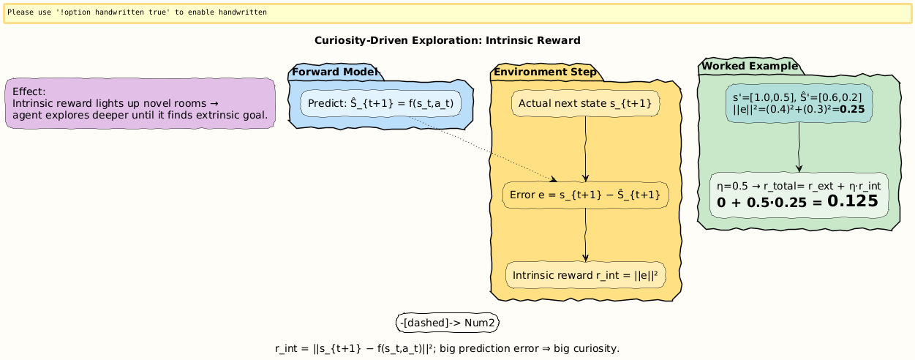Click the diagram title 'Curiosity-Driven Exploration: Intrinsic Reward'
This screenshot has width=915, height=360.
click(x=447, y=40)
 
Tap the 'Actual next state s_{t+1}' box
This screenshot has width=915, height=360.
click(x=585, y=104)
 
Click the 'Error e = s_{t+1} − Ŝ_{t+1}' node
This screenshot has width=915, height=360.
click(x=585, y=195)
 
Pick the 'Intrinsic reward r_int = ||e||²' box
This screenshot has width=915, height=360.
click(x=585, y=275)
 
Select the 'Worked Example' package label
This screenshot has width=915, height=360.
click(x=750, y=67)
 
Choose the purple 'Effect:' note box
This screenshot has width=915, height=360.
click(x=140, y=103)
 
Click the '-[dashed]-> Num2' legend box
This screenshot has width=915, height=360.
click(x=448, y=323)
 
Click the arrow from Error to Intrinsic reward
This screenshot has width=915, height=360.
click(x=586, y=235)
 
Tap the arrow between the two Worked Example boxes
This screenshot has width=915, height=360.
click(x=799, y=147)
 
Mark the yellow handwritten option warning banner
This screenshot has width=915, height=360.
click(x=457, y=13)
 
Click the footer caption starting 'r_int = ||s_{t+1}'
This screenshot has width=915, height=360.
click(x=447, y=348)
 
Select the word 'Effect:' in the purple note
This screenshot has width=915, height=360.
click(x=29, y=91)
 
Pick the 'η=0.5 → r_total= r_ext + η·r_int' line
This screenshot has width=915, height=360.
click(x=799, y=187)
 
